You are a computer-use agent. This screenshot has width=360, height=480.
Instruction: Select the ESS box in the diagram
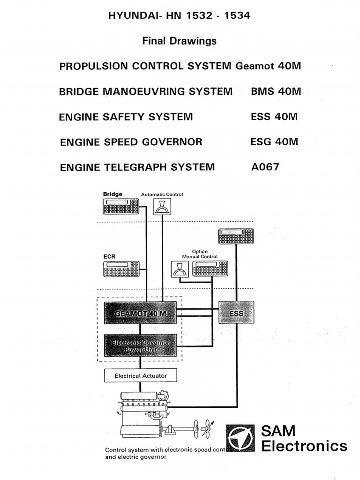point(236,313)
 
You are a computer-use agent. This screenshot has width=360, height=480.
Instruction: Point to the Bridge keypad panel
point(121,206)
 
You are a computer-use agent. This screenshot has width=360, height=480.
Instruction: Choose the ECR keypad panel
point(121,269)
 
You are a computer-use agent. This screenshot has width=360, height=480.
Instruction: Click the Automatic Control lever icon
point(162,206)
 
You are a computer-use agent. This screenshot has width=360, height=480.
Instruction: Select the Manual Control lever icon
point(179,269)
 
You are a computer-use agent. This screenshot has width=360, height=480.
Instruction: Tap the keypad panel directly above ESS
point(236,236)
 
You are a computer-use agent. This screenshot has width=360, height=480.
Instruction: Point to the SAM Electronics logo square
point(240,439)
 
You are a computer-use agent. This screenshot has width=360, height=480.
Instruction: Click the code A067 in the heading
point(265,166)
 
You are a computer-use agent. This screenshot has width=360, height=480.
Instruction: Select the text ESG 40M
point(274,142)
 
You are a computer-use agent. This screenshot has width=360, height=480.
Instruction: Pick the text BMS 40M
point(276,91)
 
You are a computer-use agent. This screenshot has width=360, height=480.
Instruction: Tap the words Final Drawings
point(180,41)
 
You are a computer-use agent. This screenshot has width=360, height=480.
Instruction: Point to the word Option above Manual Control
point(200,252)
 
